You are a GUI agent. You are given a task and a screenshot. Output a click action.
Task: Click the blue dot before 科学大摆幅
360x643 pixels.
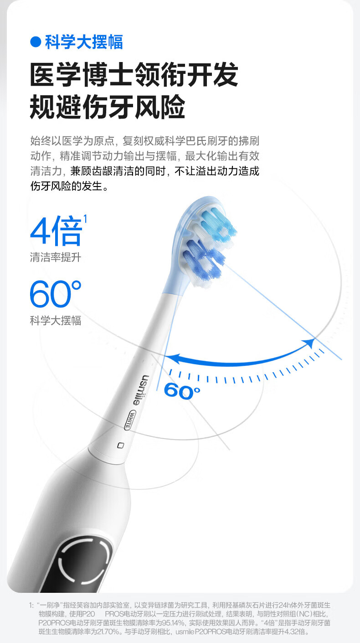pos(36,42)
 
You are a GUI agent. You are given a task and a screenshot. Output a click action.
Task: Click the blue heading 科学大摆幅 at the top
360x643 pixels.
pos(84,42)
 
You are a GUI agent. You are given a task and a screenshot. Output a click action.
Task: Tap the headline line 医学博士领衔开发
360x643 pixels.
pos(134,75)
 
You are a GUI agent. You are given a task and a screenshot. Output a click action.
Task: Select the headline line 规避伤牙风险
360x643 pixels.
pos(108,107)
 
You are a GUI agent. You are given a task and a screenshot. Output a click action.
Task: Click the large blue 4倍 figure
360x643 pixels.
pos(56,231)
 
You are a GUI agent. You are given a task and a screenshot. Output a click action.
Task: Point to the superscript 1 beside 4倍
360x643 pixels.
pos(85,219)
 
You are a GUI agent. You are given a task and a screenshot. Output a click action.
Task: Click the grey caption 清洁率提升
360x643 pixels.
pos(55,257)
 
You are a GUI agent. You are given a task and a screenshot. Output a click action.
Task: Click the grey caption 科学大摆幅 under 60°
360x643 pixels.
pos(55,321)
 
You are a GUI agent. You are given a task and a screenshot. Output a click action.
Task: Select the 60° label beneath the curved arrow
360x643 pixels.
pos(182,391)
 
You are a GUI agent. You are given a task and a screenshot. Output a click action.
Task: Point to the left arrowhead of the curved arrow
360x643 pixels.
pos(169,359)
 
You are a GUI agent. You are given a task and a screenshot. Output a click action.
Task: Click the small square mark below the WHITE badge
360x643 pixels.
pos(121,445)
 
